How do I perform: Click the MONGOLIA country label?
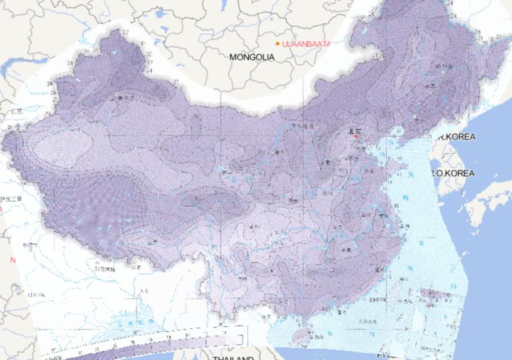click(252, 57)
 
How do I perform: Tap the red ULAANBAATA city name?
click(306, 44)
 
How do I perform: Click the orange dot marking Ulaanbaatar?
click(277, 43)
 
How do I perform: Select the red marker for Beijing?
click(356, 136)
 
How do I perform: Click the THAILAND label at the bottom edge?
click(233, 357)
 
